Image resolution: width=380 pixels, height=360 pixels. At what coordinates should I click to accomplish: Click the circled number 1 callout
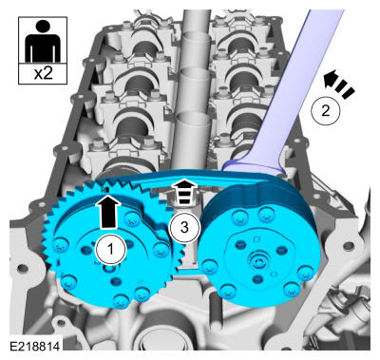[x=111, y=249]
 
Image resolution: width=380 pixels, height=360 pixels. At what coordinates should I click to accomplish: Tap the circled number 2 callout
[x=325, y=111]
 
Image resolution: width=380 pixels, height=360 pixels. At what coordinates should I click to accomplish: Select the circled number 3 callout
[x=184, y=227]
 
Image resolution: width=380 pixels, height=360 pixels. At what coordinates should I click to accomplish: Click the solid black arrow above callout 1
[x=107, y=212]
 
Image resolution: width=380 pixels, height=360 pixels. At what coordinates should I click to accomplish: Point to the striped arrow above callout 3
[x=184, y=191]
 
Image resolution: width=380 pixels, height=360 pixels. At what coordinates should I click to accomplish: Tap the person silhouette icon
[x=43, y=40]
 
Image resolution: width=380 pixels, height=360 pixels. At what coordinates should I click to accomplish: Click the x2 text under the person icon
[x=43, y=74]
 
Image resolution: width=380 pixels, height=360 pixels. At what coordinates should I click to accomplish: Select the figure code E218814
[x=35, y=346]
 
